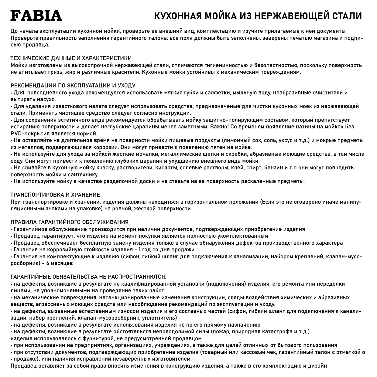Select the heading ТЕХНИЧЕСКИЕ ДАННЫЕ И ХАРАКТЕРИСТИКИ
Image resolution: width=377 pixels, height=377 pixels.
(71, 58)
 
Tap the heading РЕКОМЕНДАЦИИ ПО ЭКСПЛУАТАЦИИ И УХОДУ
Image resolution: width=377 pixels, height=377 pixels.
(73, 86)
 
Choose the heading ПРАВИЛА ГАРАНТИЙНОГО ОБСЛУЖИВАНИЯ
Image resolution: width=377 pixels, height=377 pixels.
(70, 222)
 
